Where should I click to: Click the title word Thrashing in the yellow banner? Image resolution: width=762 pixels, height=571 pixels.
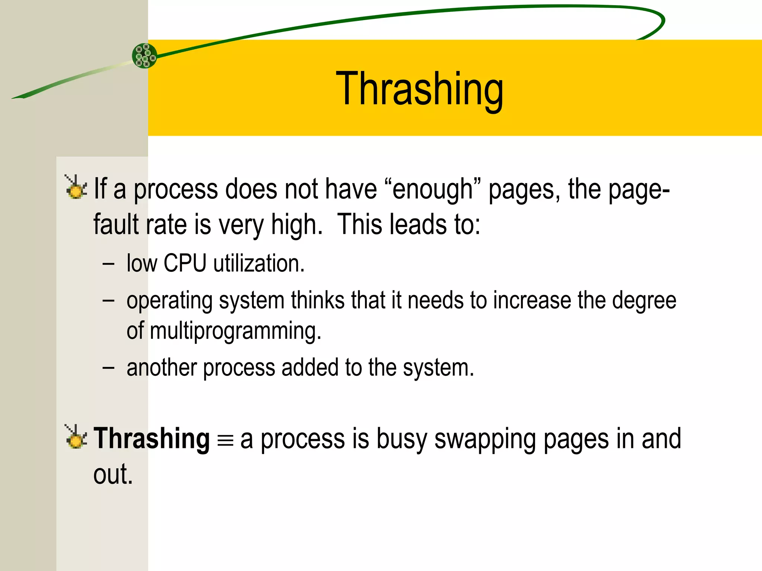pyautogui.click(x=419, y=89)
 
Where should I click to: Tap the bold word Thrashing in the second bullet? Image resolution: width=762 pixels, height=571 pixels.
pyautogui.click(x=151, y=439)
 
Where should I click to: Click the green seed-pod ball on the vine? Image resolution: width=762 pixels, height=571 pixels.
pyautogui.click(x=144, y=56)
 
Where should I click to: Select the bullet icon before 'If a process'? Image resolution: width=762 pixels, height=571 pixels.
pyautogui.click(x=76, y=187)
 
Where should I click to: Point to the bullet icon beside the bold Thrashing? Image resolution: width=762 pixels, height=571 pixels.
pyautogui.click(x=76, y=437)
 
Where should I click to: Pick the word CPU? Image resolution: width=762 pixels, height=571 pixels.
pyautogui.click(x=185, y=263)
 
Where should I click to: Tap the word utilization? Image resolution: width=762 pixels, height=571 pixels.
pyautogui.click(x=259, y=263)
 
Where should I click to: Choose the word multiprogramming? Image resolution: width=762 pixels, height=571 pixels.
pyautogui.click(x=235, y=331)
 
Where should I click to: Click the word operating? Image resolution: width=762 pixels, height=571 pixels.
pyautogui.click(x=169, y=301)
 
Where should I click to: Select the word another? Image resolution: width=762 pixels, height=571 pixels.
pyautogui.click(x=161, y=368)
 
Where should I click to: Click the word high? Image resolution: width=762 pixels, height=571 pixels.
pyautogui.click(x=297, y=225)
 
